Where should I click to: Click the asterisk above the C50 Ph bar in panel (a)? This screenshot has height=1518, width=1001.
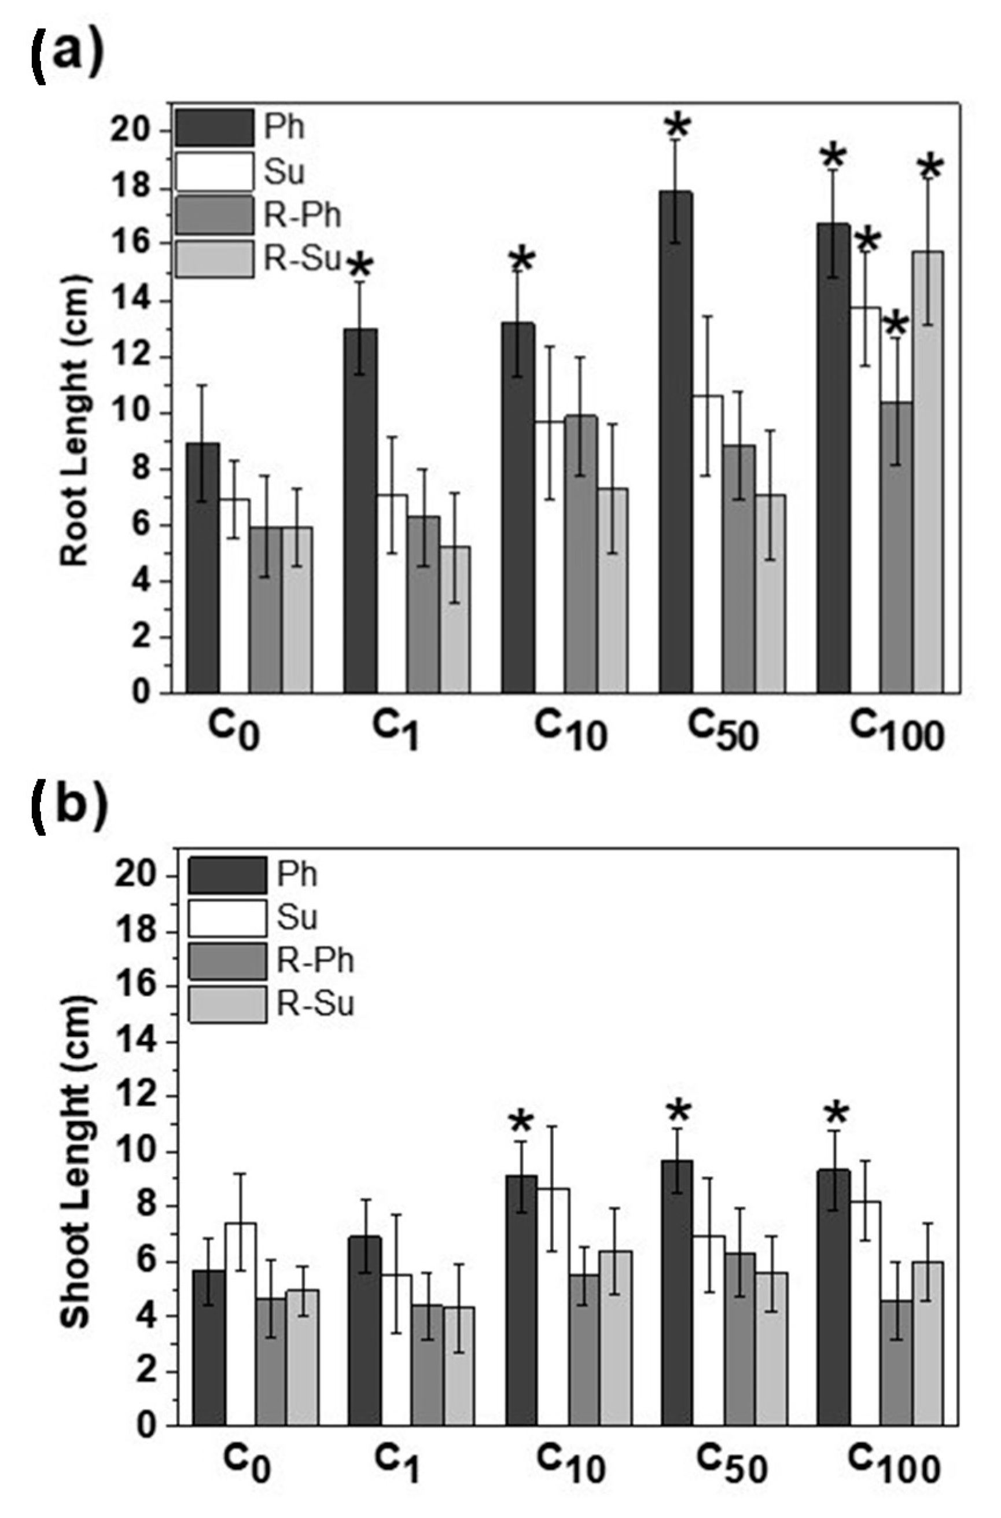click(x=678, y=126)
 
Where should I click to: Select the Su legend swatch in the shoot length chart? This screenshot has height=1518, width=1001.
click(x=227, y=918)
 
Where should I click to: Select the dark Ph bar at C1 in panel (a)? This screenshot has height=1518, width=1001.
click(x=360, y=510)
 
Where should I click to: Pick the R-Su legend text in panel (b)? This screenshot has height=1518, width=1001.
click(x=315, y=1004)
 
